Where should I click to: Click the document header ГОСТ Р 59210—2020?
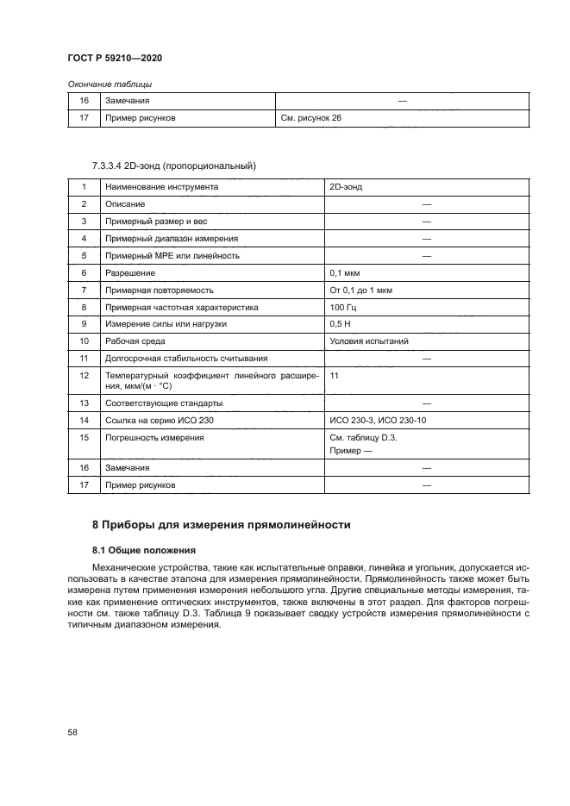coord(115,58)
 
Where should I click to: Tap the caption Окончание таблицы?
coord(110,84)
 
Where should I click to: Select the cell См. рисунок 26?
coord(311,118)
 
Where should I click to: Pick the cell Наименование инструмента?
coord(161,186)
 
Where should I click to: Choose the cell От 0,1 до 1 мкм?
coord(361,289)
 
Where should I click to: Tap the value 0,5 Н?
coord(341,323)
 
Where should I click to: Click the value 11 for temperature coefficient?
coord(335,376)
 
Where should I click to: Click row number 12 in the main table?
coord(84,376)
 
